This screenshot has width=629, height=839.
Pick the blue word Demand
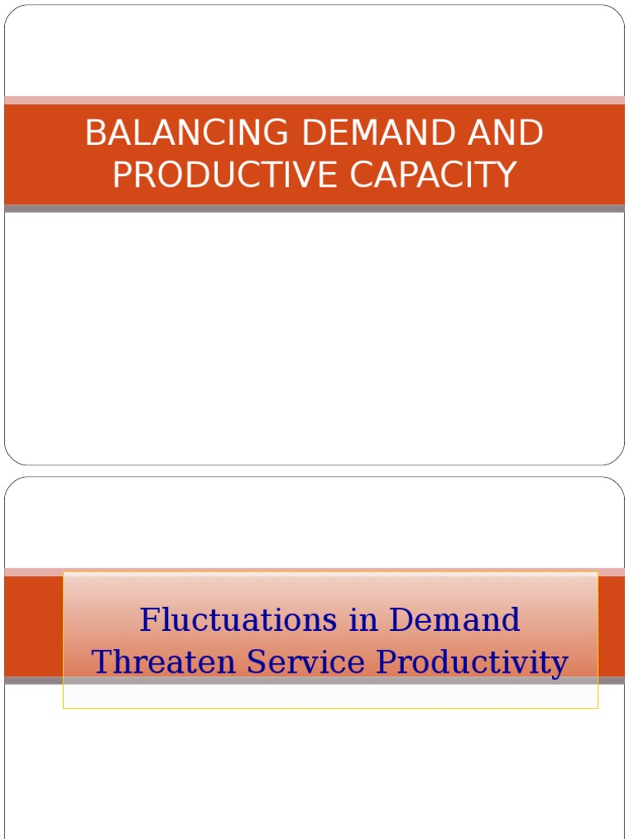455,619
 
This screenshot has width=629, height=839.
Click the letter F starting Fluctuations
148,619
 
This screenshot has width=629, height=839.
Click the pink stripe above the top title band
314,100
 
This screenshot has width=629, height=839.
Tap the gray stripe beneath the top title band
314,209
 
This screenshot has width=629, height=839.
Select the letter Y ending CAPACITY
508,175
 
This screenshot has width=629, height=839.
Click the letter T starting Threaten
102,662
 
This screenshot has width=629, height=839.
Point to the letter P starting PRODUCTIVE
121,175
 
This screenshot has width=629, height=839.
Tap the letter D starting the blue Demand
401,619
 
